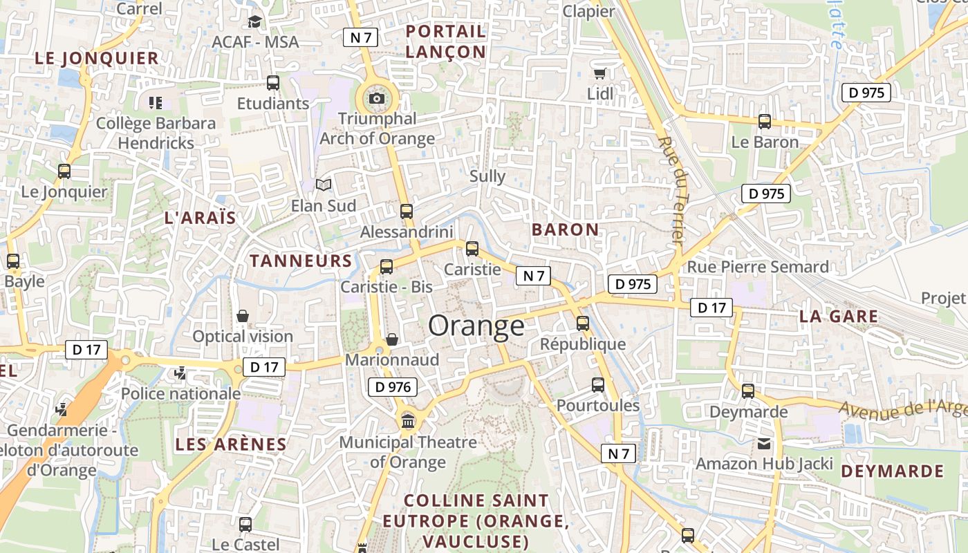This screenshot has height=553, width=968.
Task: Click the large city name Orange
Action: tap(476, 326)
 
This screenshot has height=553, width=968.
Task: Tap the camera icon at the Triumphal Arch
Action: tap(377, 98)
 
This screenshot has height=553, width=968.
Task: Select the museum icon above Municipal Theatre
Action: tap(408, 420)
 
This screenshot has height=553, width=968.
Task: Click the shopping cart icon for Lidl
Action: tap(599, 73)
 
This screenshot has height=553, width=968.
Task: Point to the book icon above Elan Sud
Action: tap(324, 185)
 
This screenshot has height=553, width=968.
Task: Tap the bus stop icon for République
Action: tap(583, 323)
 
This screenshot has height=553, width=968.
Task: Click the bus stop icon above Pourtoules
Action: tap(598, 384)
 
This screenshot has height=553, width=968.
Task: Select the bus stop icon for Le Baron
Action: tap(765, 122)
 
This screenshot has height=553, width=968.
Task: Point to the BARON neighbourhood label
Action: tap(565, 229)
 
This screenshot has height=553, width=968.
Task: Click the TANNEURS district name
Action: tap(301, 261)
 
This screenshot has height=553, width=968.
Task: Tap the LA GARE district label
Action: tap(838, 317)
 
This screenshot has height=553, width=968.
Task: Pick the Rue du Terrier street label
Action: tap(671, 189)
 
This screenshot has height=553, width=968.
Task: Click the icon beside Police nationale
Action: tap(180, 373)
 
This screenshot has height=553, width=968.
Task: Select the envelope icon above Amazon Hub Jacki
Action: tap(764, 443)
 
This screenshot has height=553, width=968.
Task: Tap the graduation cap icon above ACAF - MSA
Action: tap(254, 21)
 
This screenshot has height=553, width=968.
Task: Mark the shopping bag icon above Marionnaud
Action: tap(392, 339)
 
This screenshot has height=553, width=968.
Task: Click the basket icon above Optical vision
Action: tap(243, 315)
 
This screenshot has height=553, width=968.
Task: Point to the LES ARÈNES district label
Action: tap(230, 444)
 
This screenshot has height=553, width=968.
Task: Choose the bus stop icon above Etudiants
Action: tap(273, 83)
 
